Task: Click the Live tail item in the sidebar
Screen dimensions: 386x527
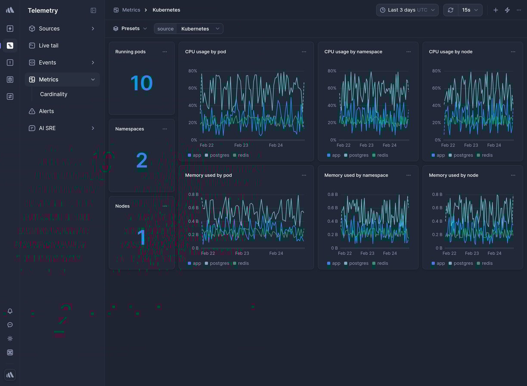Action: coord(48,45)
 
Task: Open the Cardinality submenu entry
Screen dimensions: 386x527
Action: coord(53,94)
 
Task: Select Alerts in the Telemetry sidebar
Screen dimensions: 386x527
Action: coord(46,111)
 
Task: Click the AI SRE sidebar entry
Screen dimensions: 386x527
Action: coord(47,128)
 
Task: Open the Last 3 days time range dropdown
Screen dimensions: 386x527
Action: coord(407,10)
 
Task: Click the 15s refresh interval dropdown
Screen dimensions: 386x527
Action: coord(469,10)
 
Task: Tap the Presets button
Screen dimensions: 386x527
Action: coord(130,28)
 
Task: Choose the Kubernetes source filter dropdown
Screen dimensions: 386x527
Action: coord(200,28)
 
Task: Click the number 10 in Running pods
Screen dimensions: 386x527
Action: coord(141,83)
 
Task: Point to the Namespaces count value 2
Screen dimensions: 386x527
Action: coord(142,161)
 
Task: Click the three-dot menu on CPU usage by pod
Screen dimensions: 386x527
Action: coord(304,52)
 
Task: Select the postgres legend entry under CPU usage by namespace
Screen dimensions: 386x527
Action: coord(358,155)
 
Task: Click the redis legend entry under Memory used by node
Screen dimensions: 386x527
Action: coord(487,263)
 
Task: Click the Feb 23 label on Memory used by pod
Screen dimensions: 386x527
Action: coord(242,253)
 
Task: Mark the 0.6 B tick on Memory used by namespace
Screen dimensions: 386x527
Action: coord(332,208)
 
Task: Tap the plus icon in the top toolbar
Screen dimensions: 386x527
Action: coord(496,10)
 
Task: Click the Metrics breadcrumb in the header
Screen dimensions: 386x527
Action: coord(131,10)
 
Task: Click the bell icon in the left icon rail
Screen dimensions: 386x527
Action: coord(10,311)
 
